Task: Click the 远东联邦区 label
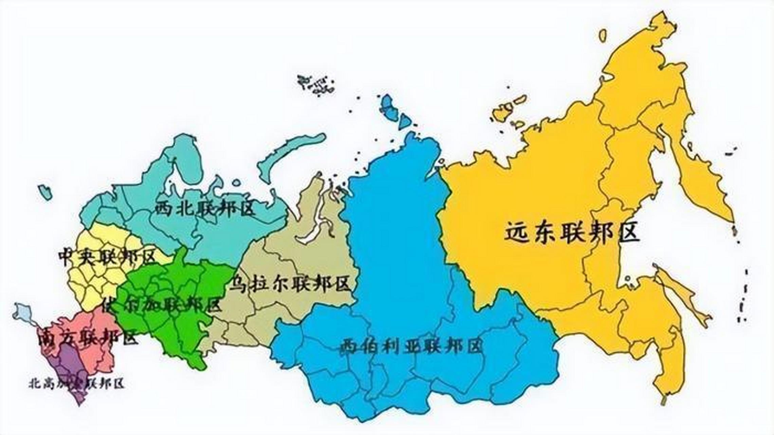tap(572, 232)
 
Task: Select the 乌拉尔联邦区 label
tap(290, 284)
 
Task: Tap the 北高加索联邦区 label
tap(77, 384)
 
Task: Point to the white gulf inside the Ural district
tap(312, 228)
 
